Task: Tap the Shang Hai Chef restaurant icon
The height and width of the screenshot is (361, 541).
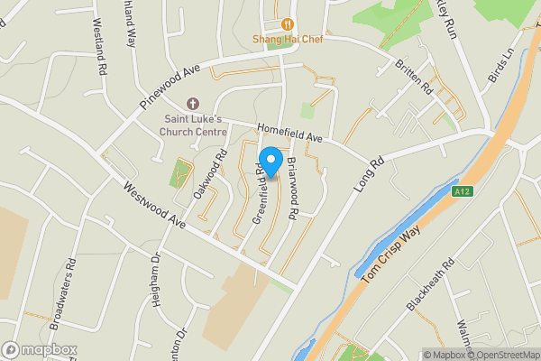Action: click(x=288, y=24)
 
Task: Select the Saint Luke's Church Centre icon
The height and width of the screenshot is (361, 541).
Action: click(x=191, y=106)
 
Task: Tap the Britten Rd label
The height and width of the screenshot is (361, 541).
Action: click(x=413, y=79)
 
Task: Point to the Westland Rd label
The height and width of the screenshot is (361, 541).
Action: click(x=98, y=53)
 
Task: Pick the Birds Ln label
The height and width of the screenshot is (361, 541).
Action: click(x=499, y=67)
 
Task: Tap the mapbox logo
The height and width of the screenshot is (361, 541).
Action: click(x=39, y=349)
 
